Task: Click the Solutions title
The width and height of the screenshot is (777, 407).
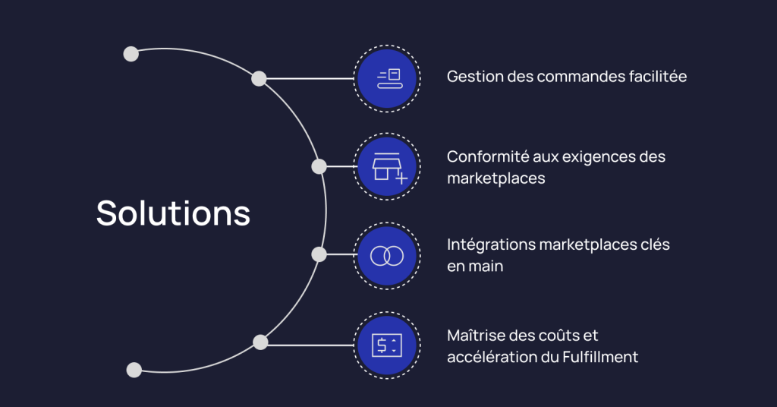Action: pos(173,213)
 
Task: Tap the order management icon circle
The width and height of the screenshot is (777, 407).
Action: pos(388,78)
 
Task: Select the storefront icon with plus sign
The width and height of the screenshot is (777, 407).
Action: pos(388,167)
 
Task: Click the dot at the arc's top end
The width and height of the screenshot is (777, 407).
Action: pos(131,54)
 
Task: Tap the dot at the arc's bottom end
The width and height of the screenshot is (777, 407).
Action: pos(134,370)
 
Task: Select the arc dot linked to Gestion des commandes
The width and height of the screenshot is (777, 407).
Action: pos(259,78)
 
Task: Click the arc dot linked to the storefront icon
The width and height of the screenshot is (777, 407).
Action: pos(319,166)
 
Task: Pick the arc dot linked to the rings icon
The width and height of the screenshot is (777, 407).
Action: pos(319,254)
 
